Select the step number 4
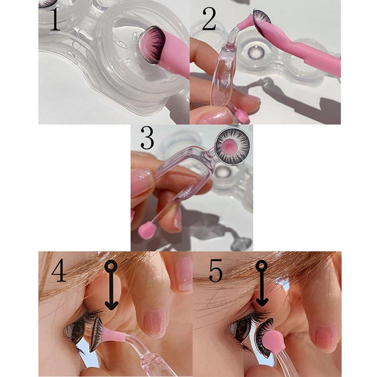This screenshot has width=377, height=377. [59, 272]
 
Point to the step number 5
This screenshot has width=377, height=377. [215, 272]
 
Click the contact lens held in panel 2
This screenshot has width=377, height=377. [260, 17]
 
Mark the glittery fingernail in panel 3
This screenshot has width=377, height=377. [142, 181]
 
